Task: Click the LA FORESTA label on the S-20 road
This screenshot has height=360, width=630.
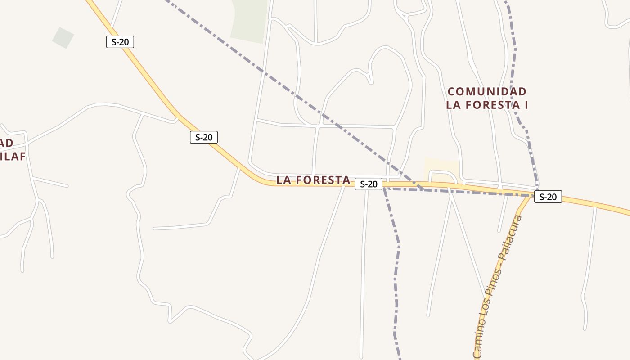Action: (x=313, y=180)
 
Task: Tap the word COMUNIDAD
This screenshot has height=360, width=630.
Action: (x=487, y=92)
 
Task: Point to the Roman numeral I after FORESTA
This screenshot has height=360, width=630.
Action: (x=525, y=105)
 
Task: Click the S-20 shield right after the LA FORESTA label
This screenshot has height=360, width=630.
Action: (x=369, y=184)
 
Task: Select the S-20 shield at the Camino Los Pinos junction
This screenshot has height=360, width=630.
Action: (x=548, y=197)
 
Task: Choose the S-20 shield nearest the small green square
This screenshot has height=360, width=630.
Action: (x=120, y=42)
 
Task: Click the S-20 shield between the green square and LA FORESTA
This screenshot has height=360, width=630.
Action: (x=203, y=137)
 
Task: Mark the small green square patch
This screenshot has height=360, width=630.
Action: (x=63, y=38)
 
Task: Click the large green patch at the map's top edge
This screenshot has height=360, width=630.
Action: (x=249, y=20)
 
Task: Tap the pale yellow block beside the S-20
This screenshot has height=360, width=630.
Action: (x=441, y=169)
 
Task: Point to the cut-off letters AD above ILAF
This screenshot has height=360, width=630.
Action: (x=7, y=143)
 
